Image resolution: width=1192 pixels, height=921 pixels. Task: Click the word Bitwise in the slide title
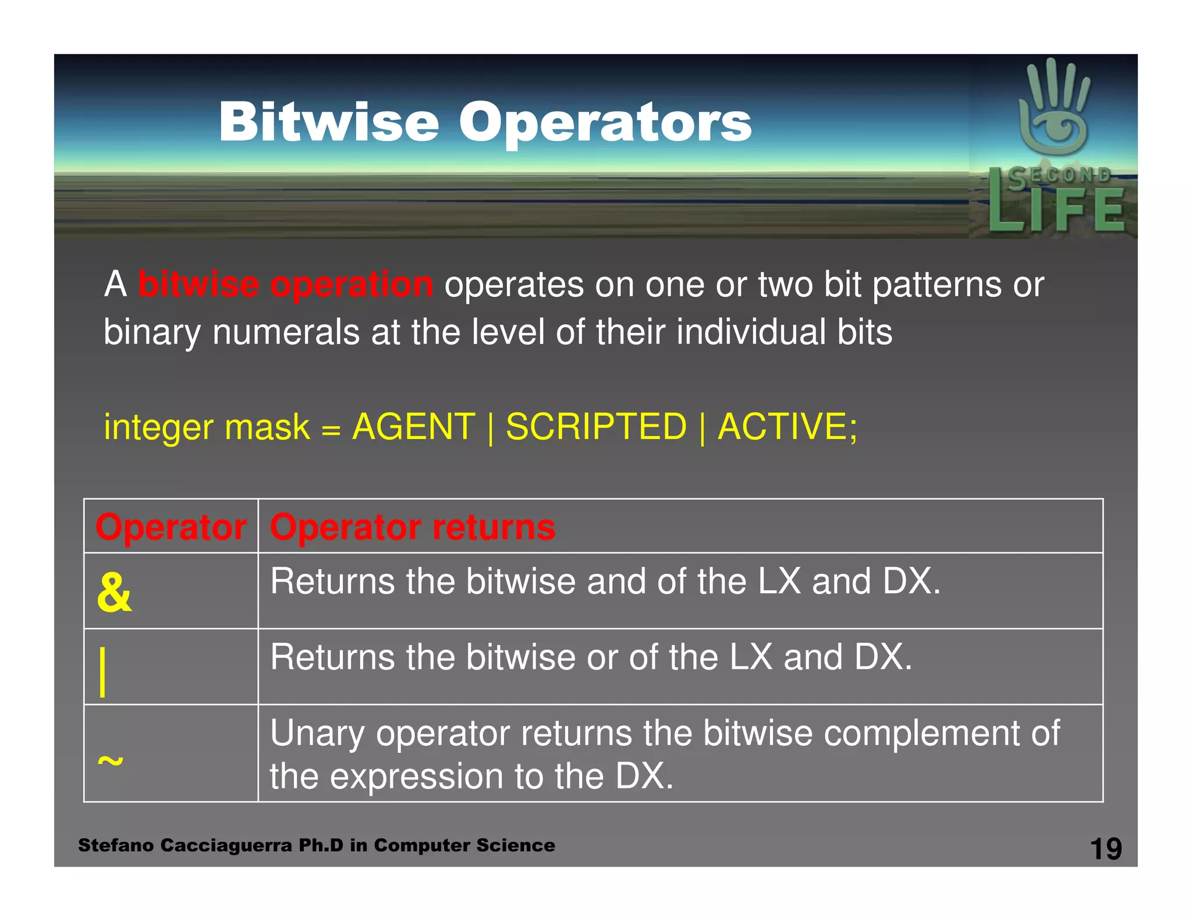click(329, 122)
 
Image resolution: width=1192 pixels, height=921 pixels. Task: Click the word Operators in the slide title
click(605, 123)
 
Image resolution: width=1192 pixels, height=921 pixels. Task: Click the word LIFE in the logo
click(1056, 208)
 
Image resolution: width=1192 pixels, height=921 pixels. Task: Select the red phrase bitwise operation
click(285, 285)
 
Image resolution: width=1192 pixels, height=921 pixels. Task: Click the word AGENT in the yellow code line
click(414, 427)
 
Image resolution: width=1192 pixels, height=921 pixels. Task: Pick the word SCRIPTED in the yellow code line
click(597, 427)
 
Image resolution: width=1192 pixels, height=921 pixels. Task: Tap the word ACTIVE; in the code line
click(787, 427)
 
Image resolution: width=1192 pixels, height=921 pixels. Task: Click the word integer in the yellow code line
click(158, 428)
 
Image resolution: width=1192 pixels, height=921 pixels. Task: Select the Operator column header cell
click(171, 527)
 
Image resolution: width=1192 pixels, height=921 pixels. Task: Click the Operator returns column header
click(413, 527)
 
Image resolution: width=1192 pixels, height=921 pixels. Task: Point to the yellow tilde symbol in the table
click(110, 760)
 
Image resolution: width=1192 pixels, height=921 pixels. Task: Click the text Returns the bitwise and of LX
click(605, 582)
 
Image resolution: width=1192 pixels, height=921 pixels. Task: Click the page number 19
click(1105, 849)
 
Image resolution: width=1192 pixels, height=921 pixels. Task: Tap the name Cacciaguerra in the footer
click(226, 845)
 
